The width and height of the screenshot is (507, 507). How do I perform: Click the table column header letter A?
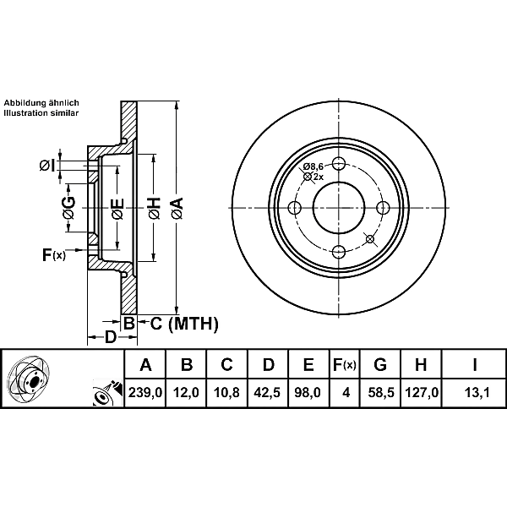(144, 365)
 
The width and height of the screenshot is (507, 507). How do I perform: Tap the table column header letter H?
(421, 365)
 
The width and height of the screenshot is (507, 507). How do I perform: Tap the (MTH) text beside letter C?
(194, 323)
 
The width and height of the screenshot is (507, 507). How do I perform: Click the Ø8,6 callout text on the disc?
(313, 166)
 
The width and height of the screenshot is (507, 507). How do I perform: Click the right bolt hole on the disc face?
(383, 208)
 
